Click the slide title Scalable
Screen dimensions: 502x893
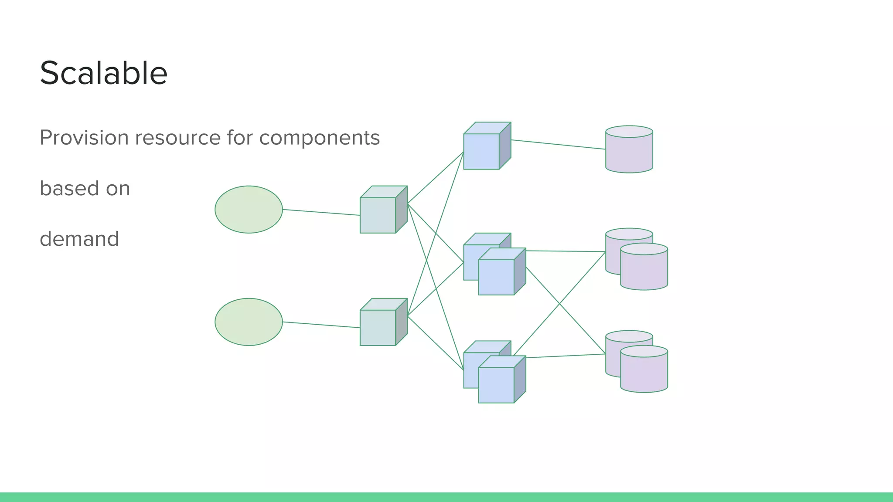[x=103, y=73]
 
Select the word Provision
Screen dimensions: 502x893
[x=84, y=138]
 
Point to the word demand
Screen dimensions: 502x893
[x=79, y=239]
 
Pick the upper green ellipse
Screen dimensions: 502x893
[x=249, y=210]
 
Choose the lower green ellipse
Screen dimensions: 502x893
[x=249, y=322]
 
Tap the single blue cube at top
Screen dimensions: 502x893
[x=482, y=151]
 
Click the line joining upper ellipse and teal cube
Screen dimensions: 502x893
[x=321, y=212]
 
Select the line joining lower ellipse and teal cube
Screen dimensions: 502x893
[x=321, y=325]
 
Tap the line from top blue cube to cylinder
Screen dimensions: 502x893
[x=558, y=144]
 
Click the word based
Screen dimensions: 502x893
[x=69, y=188]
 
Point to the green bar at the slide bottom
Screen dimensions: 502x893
[x=446, y=497]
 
